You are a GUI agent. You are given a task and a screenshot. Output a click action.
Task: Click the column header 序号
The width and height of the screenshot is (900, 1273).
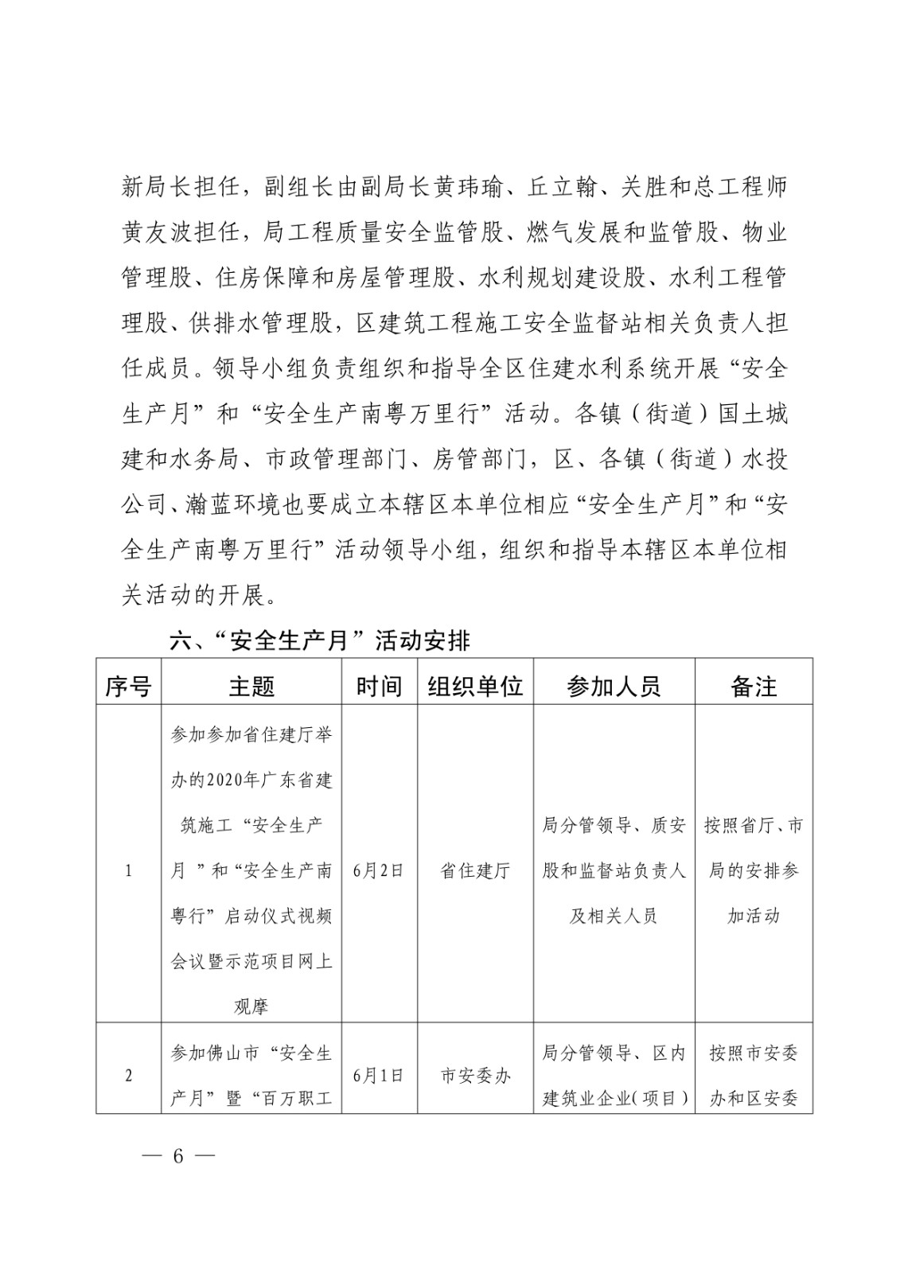(128, 686)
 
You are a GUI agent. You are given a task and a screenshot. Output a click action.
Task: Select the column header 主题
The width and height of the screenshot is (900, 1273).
(251, 686)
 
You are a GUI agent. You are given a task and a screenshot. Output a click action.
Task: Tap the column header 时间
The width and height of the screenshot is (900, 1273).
(379, 686)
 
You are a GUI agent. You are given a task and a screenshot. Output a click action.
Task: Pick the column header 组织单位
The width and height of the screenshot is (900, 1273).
(475, 686)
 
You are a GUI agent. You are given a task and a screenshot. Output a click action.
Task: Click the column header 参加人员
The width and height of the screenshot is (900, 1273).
(614, 686)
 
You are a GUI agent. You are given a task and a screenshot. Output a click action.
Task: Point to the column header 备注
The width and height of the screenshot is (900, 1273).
(753, 686)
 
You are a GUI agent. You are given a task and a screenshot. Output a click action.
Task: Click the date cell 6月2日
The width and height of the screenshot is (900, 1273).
(379, 870)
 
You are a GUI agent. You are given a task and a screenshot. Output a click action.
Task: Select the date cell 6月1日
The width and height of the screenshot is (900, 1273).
(379, 1076)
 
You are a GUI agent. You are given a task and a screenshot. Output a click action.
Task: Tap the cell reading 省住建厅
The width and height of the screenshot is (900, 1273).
(475, 870)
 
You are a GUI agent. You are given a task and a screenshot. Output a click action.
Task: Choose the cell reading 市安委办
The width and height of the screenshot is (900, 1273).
(475, 1076)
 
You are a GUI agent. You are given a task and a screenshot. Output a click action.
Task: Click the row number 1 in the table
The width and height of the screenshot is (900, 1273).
(128, 870)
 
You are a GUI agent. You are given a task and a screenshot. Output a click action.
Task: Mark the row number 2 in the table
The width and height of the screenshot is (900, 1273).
(128, 1076)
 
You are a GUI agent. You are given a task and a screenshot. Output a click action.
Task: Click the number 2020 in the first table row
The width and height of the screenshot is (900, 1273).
(219, 780)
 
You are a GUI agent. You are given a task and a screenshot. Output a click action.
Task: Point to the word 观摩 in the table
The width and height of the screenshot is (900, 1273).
(251, 1006)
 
